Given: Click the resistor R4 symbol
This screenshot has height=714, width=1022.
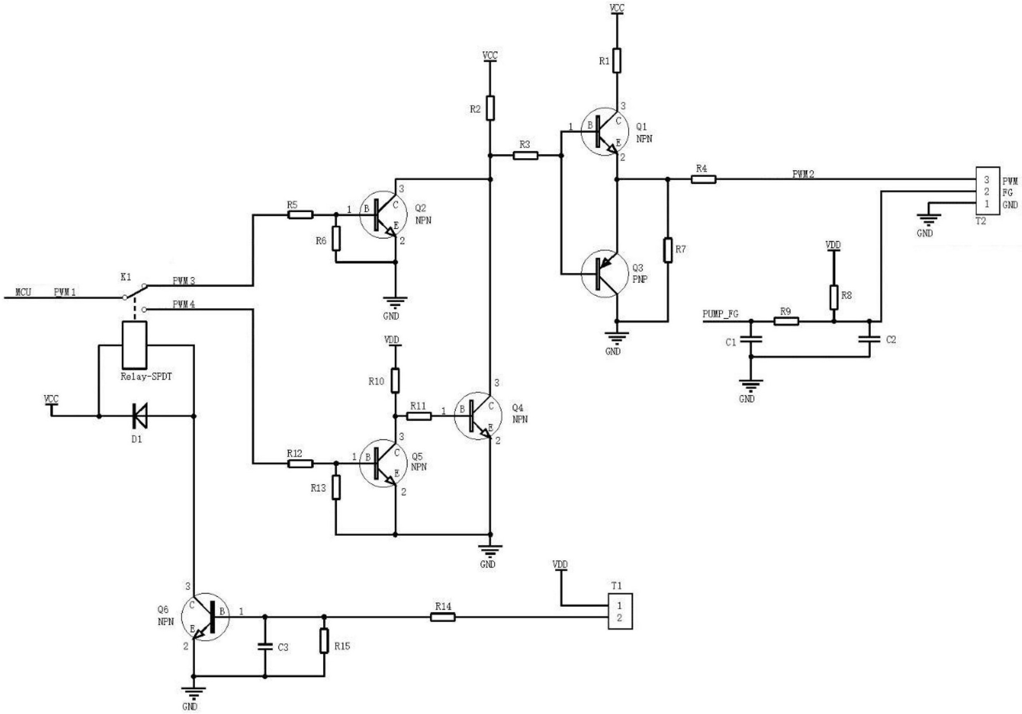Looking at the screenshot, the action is pyautogui.click(x=703, y=180).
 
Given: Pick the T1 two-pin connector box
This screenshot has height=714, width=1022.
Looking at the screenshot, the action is pyautogui.click(x=621, y=611).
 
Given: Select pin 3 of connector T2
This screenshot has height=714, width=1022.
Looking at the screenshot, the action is pyautogui.click(x=987, y=180).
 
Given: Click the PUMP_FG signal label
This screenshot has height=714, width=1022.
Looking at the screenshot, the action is pyautogui.click(x=720, y=314).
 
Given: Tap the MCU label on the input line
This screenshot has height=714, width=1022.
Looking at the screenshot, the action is pyautogui.click(x=23, y=292).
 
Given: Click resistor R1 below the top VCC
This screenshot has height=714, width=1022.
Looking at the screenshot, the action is pyautogui.click(x=616, y=60).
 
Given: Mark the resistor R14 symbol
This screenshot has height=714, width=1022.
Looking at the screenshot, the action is pyautogui.click(x=443, y=617).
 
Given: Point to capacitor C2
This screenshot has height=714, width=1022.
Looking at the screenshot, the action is pyautogui.click(x=870, y=339).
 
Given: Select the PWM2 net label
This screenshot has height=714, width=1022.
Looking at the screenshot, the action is pyautogui.click(x=803, y=174).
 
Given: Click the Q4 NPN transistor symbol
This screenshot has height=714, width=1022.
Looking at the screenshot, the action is pyautogui.click(x=478, y=416).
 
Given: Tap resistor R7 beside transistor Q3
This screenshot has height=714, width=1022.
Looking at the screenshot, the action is pyautogui.click(x=668, y=250).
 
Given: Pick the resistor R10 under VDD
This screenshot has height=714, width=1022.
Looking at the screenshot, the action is pyautogui.click(x=395, y=380).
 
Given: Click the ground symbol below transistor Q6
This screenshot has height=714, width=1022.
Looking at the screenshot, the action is pyautogui.click(x=194, y=692).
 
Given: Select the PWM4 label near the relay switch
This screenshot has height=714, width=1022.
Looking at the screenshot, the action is pyautogui.click(x=184, y=304).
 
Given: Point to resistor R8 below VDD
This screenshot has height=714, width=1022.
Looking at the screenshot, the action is pyautogui.click(x=834, y=297).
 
